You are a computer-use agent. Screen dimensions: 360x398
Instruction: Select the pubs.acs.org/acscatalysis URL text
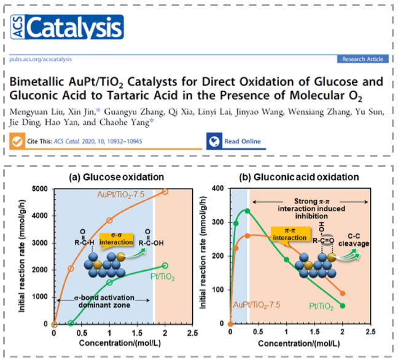tap(41, 59)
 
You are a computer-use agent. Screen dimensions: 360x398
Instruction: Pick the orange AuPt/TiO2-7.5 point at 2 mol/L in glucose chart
tap(165, 191)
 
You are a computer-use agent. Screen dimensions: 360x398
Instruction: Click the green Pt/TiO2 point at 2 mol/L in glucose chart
tap(165, 265)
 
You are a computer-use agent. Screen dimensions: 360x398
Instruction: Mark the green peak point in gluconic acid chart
tap(247, 211)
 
